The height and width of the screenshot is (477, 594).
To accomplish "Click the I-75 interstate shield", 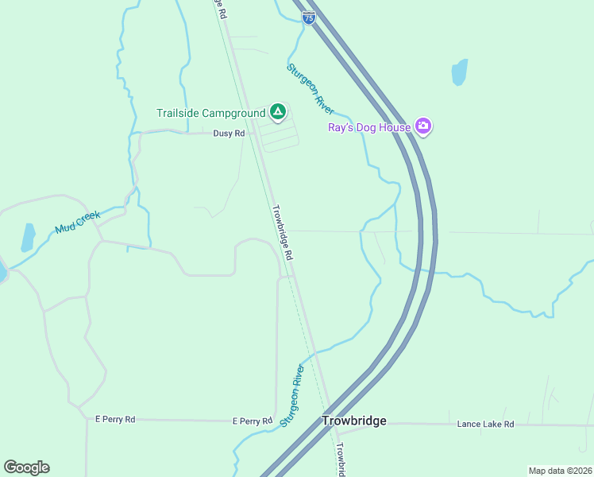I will (309, 16).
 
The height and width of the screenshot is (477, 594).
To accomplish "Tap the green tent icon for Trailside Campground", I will (277, 112).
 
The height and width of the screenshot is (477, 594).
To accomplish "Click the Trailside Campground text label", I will (210, 114).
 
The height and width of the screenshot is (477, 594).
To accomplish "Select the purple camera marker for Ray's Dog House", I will (423, 126).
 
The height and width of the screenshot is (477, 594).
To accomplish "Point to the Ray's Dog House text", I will (369, 127).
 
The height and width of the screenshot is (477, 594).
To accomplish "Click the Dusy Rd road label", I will (229, 134).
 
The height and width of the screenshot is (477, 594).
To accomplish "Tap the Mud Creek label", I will (78, 222).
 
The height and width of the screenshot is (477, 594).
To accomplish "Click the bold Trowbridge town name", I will (353, 421).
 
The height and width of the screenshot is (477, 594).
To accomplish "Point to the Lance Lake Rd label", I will (485, 425).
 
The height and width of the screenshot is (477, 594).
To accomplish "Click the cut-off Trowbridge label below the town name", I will (339, 460).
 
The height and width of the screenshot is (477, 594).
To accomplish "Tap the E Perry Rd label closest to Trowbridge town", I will (253, 420).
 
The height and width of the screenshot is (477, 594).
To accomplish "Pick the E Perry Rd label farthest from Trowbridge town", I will (115, 418).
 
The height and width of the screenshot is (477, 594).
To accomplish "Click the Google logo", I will (26, 467).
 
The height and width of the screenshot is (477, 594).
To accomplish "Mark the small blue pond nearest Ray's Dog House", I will (459, 72).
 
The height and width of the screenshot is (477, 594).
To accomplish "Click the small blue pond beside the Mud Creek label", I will (28, 237).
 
